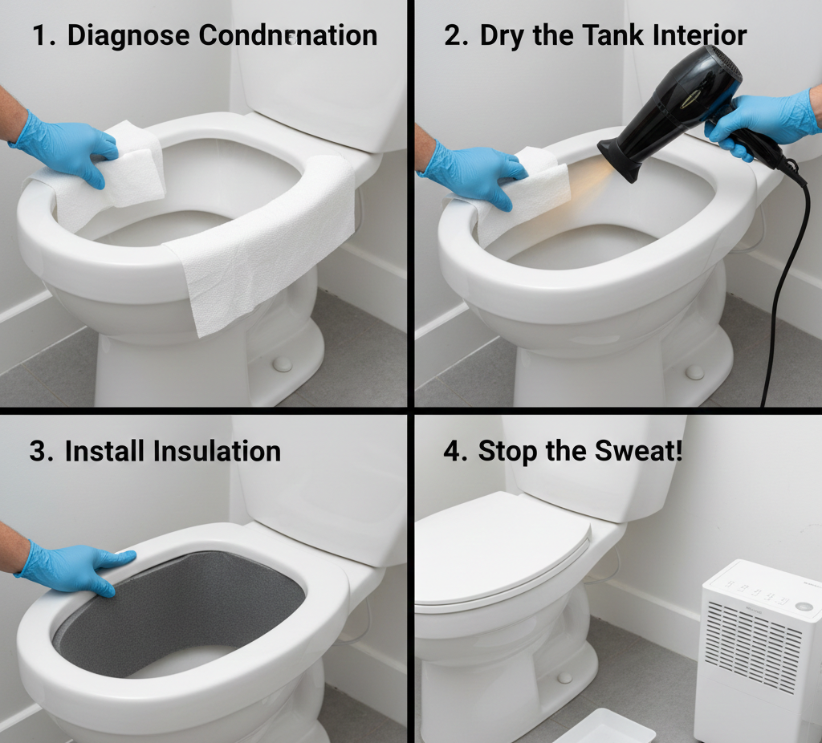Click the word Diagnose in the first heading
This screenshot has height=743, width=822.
(128, 35)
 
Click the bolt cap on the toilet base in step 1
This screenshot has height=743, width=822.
(282, 363)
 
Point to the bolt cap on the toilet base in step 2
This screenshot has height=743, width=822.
(695, 372)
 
